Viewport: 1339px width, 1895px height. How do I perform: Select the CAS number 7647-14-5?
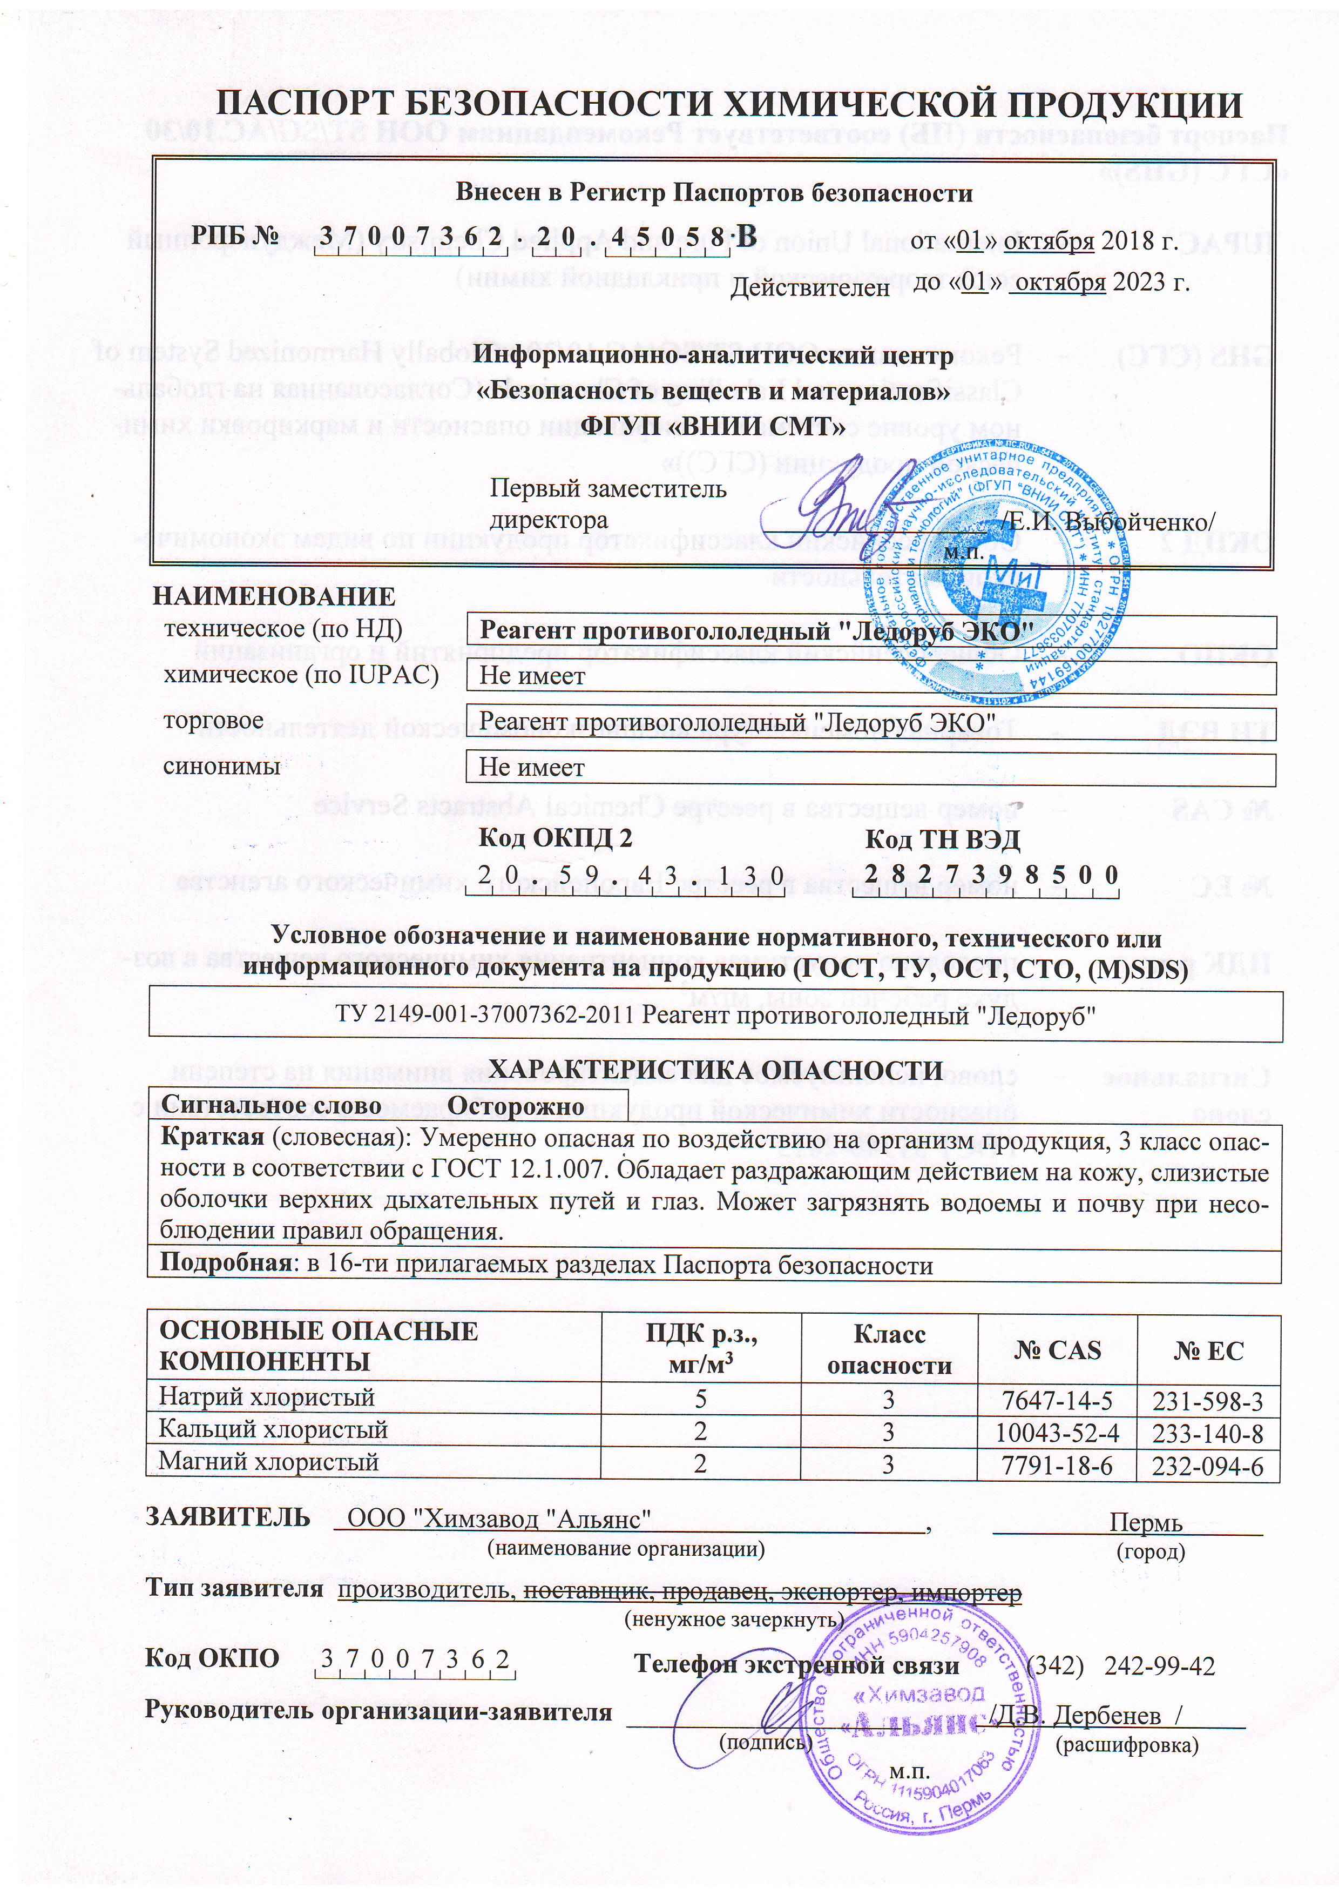[x=1056, y=1401]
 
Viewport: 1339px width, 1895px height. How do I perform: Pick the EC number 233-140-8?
[x=1207, y=1434]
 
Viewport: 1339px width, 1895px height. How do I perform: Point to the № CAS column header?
[x=1057, y=1350]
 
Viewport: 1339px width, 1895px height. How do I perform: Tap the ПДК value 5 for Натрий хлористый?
[x=700, y=1399]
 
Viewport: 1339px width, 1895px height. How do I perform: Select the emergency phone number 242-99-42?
[x=1159, y=1665]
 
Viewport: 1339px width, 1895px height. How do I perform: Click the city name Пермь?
[x=1146, y=1523]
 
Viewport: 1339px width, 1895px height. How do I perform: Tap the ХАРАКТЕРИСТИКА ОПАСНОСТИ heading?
[x=715, y=1071]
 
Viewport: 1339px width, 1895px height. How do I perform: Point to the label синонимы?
[x=222, y=766]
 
